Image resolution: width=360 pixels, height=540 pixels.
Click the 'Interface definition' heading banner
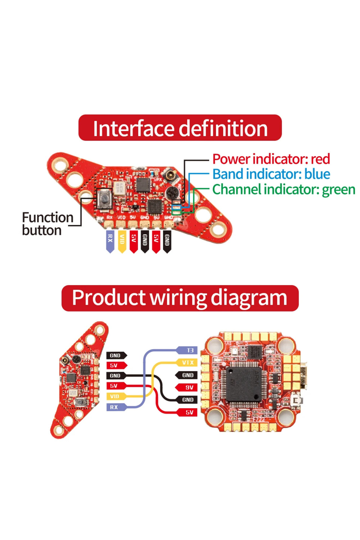coord(180,128)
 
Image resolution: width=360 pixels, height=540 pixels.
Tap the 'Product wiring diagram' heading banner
coord(180,298)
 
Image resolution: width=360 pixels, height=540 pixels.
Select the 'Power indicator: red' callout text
coord(271,159)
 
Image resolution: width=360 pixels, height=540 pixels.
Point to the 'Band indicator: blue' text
coord(271,174)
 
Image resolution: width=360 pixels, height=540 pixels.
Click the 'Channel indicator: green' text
coord(283,189)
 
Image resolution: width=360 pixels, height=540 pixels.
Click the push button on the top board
coord(104,199)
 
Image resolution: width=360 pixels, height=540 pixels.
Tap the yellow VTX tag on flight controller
coord(187,362)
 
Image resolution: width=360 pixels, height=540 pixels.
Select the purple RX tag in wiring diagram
coord(115,407)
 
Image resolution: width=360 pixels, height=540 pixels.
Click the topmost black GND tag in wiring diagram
coord(115,355)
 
